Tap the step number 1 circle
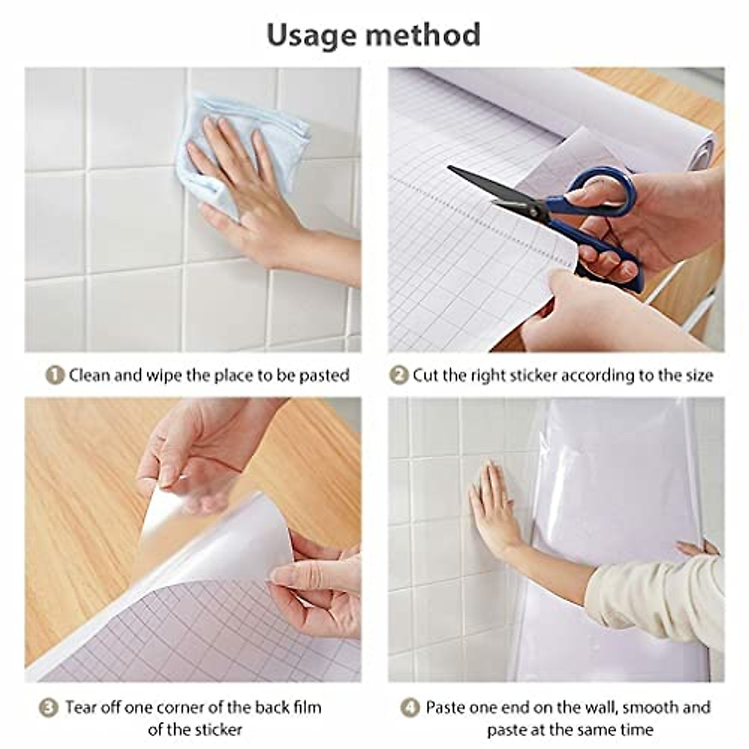coord(56,375)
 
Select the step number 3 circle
coord(49,708)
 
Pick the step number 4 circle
coord(409,708)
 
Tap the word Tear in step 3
coord(81,708)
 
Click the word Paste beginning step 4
coord(447,708)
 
